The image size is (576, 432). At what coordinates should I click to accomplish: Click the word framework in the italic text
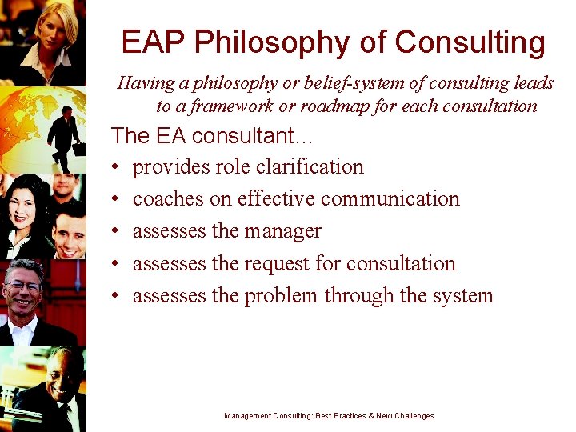click(x=230, y=106)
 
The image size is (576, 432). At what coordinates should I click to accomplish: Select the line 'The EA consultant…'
click(x=214, y=135)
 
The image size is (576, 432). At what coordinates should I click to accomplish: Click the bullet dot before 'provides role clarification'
click(x=116, y=167)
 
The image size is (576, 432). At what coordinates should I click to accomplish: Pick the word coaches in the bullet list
click(x=165, y=198)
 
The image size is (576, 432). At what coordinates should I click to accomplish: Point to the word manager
click(x=282, y=231)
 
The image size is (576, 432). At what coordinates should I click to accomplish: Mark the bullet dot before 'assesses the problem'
click(x=116, y=296)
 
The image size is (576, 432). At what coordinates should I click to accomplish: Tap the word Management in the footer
click(x=248, y=416)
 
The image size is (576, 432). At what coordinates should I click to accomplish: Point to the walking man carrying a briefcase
click(x=66, y=136)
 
